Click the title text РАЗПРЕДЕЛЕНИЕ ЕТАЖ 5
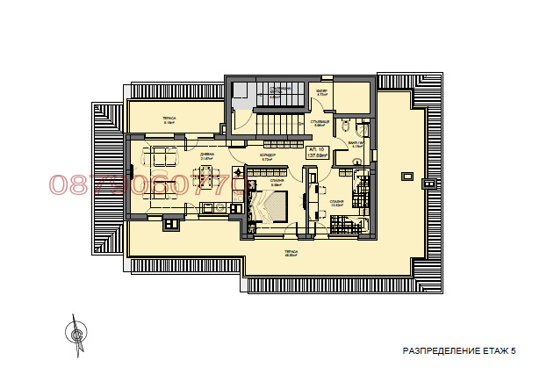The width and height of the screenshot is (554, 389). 459,350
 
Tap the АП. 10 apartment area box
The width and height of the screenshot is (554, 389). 315,155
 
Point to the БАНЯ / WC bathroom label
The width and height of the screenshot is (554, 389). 356,143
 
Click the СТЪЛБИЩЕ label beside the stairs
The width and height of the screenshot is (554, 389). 320,122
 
